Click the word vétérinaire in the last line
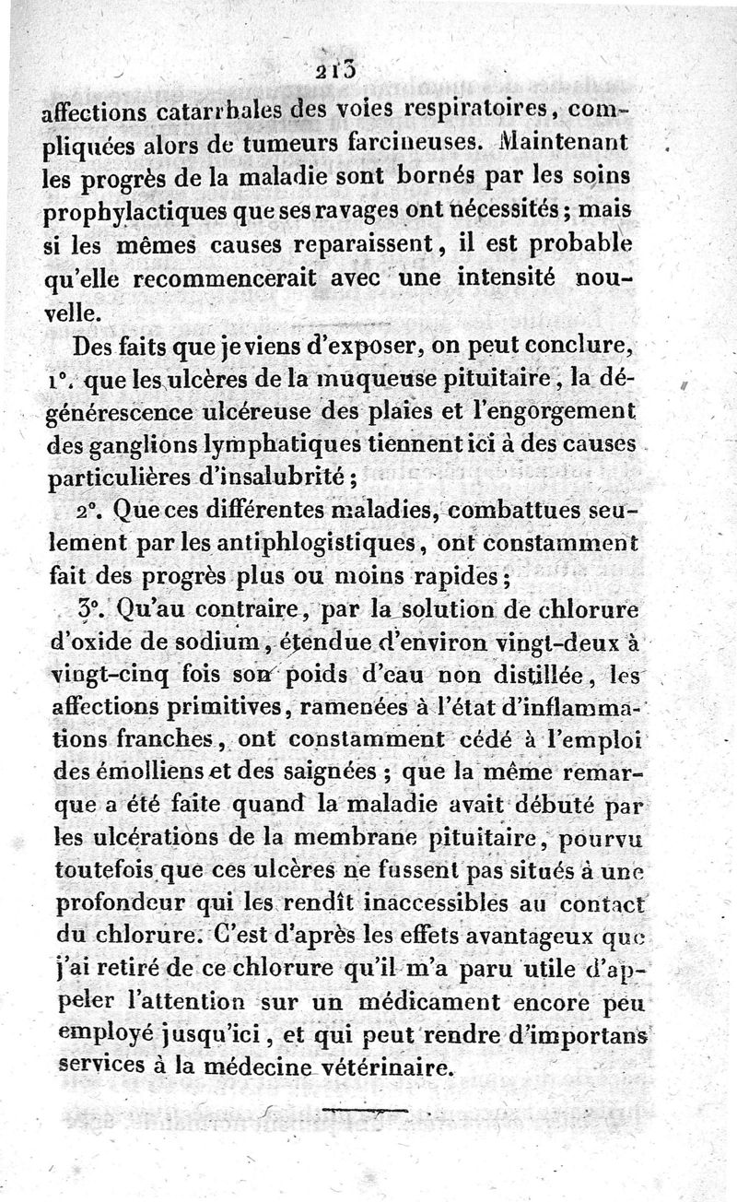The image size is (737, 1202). point(396,1069)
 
